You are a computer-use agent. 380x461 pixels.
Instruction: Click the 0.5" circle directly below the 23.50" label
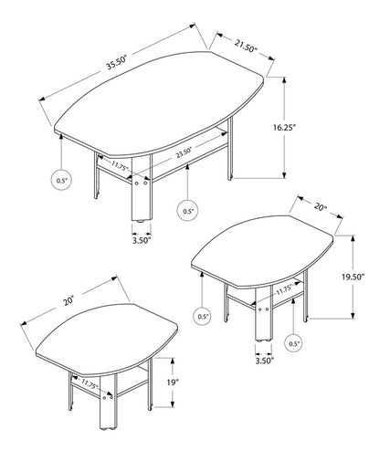(x=187, y=211)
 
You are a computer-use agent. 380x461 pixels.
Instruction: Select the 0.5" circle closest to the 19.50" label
(x=294, y=343)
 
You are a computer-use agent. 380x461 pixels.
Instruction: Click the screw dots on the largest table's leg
(x=141, y=184)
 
